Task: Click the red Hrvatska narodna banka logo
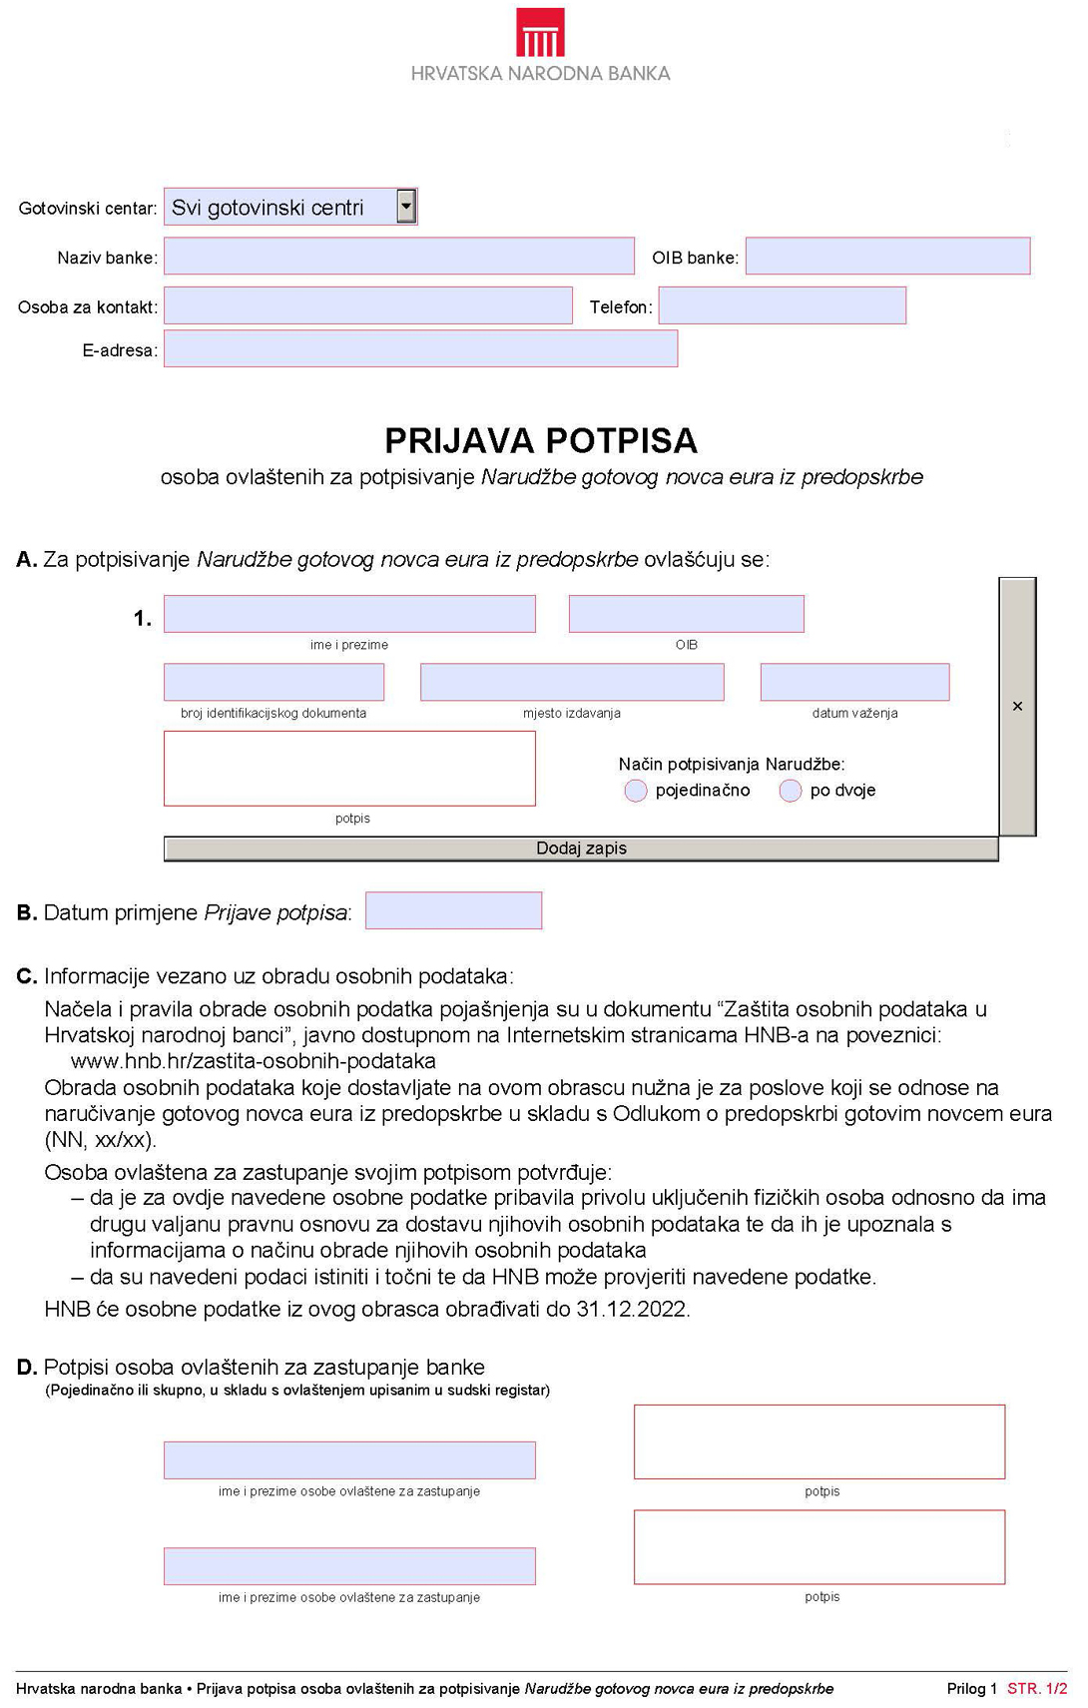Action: [540, 32]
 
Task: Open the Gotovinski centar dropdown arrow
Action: [405, 207]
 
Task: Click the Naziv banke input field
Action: [398, 256]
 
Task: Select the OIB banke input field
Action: [886, 256]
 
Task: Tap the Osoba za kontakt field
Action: [367, 305]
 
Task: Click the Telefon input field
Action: [782, 305]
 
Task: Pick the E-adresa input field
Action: [420, 349]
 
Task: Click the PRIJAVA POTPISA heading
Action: [540, 440]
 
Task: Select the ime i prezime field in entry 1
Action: [349, 614]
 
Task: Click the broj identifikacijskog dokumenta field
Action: [273, 682]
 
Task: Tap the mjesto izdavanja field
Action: [572, 682]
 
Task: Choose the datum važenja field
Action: [854, 682]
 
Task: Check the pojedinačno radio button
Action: [636, 791]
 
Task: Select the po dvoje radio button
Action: [791, 791]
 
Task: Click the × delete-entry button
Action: [1017, 706]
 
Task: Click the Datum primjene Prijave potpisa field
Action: [453, 910]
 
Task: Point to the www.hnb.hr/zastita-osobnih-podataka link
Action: [254, 1061]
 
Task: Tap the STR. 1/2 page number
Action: [1037, 1688]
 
